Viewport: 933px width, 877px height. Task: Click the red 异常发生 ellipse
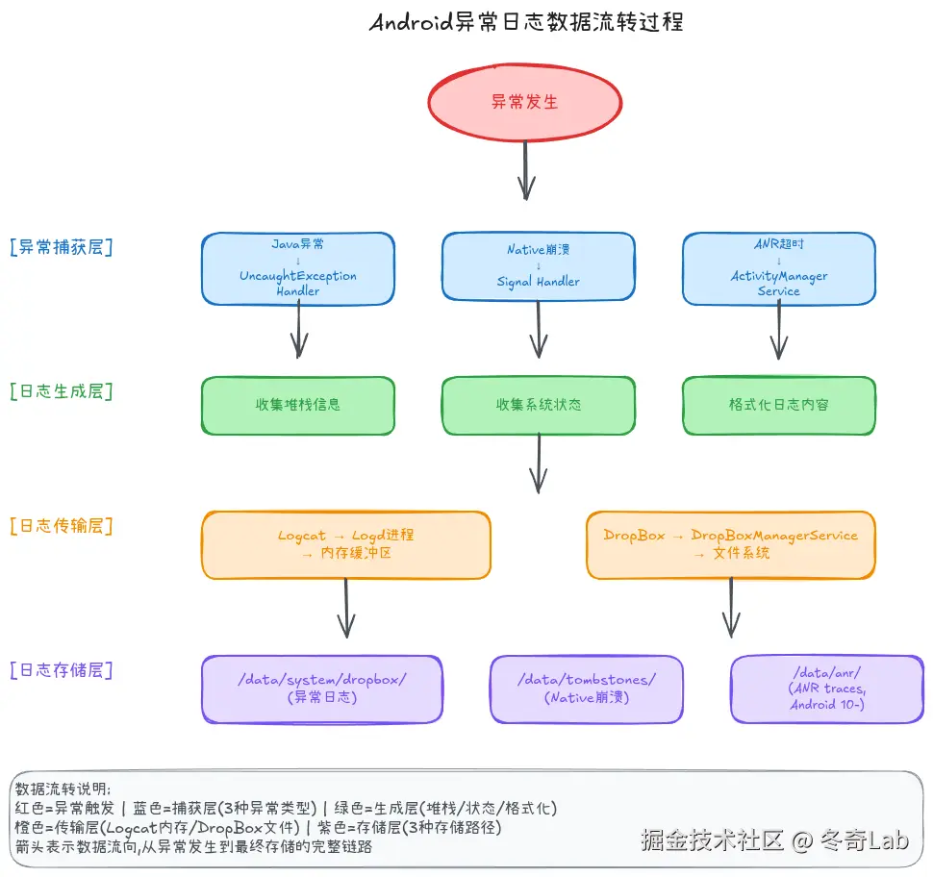point(524,101)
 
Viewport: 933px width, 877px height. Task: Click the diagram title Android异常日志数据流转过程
point(526,22)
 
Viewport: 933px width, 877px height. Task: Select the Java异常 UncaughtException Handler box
point(298,268)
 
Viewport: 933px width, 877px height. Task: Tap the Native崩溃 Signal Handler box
point(539,266)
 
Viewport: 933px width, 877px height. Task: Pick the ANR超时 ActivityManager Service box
point(779,268)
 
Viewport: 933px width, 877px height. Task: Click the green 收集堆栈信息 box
point(298,405)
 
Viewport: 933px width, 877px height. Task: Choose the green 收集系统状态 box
point(539,405)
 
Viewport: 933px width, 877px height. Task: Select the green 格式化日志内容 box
point(779,405)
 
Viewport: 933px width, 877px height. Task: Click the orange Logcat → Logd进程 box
point(346,544)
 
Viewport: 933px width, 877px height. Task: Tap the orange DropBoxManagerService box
point(731,544)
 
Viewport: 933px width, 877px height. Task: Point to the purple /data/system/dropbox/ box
point(322,689)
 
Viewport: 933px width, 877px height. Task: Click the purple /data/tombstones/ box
point(587,689)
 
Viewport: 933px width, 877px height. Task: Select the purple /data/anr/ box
point(827,689)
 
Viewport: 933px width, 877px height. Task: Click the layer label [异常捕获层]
point(61,247)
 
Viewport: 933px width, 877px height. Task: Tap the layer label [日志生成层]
point(61,391)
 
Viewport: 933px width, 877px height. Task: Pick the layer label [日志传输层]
point(61,526)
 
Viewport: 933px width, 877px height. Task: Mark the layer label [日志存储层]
point(61,670)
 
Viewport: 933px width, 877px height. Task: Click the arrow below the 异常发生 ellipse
point(526,170)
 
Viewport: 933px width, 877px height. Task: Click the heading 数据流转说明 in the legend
point(63,789)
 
